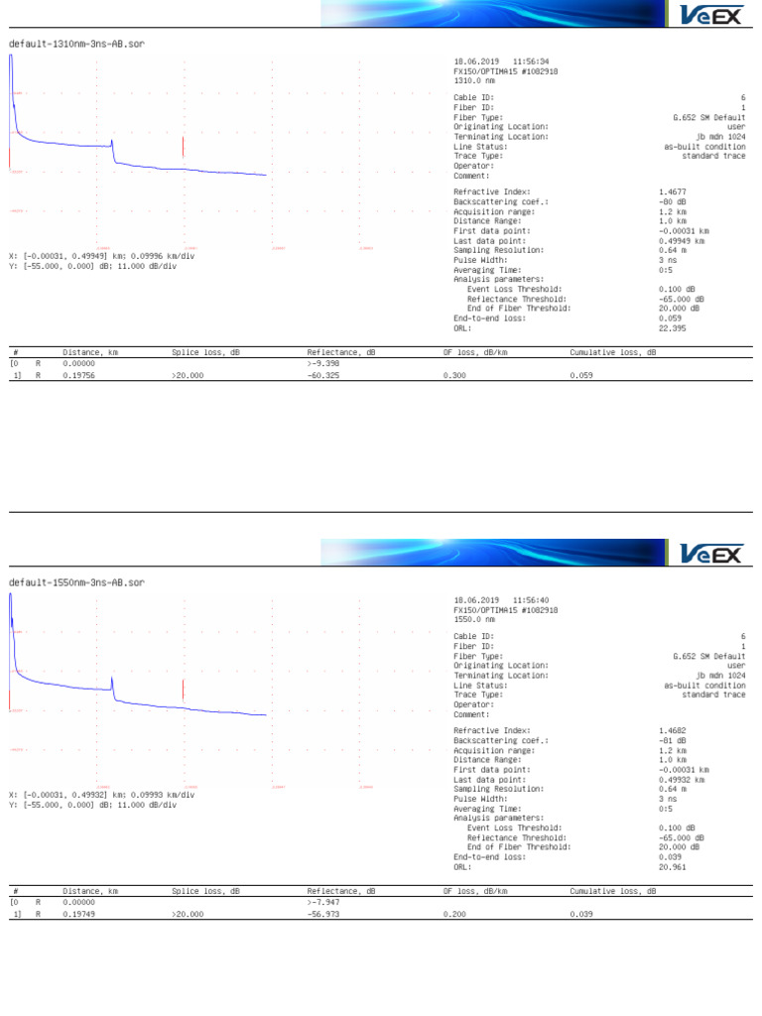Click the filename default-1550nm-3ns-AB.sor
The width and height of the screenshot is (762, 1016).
[x=76, y=582]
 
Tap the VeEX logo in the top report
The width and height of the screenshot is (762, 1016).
[x=713, y=15]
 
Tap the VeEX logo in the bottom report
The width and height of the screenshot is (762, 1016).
[x=713, y=554]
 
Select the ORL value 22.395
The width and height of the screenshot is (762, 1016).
[x=673, y=328]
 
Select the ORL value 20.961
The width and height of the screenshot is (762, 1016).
[x=673, y=866]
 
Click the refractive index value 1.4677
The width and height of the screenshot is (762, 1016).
[x=673, y=191]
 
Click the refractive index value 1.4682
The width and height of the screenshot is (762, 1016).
[x=673, y=730]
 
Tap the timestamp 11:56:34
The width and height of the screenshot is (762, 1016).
[x=530, y=61]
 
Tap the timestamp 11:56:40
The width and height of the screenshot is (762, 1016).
[x=530, y=599]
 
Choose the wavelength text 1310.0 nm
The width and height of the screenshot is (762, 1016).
[x=474, y=80]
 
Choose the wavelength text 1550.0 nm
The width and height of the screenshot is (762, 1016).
[x=474, y=619]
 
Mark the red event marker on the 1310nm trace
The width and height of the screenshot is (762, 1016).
[x=184, y=147]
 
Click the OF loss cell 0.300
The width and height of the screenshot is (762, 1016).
[x=454, y=376]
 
